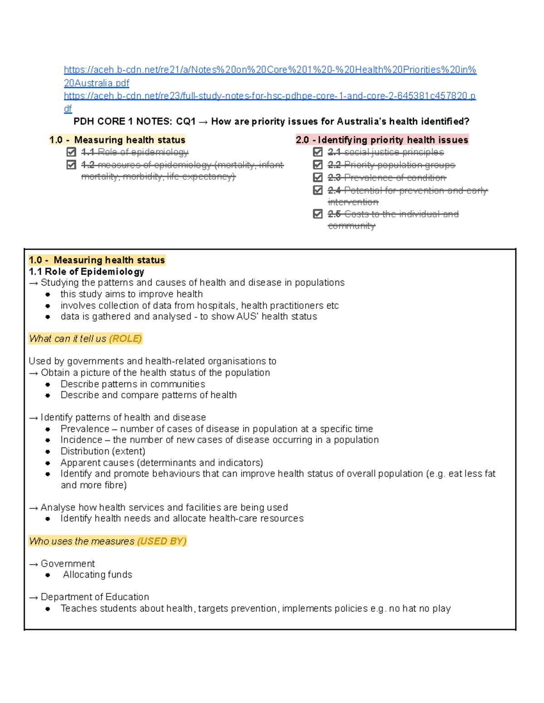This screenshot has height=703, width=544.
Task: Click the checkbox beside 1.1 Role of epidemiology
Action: pos(71,152)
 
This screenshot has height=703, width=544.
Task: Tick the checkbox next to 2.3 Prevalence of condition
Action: pos(318,177)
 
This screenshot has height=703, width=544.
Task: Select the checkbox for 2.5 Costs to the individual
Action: pos(318,214)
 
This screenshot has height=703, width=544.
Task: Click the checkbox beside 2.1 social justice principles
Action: pos(318,152)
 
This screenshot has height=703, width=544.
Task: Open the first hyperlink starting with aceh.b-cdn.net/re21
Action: pos(270,70)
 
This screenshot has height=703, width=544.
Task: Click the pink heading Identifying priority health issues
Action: pos(382,140)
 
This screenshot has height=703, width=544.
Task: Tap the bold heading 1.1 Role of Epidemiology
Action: pos(86,272)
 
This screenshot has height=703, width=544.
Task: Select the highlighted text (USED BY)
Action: pos(161,541)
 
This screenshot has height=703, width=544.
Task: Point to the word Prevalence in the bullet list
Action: pos(85,429)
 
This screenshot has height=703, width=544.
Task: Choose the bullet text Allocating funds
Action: pos(97,575)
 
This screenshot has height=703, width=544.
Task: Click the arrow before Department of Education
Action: pos(34,598)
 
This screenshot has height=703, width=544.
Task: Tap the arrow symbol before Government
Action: pos(34,564)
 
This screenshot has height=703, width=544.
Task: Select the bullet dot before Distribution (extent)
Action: pos(48,452)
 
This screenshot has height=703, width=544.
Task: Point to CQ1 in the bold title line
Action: pos(185,122)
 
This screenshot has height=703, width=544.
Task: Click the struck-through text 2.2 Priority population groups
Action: pos(391,165)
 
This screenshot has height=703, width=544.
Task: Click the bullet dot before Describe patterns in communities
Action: pos(48,384)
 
